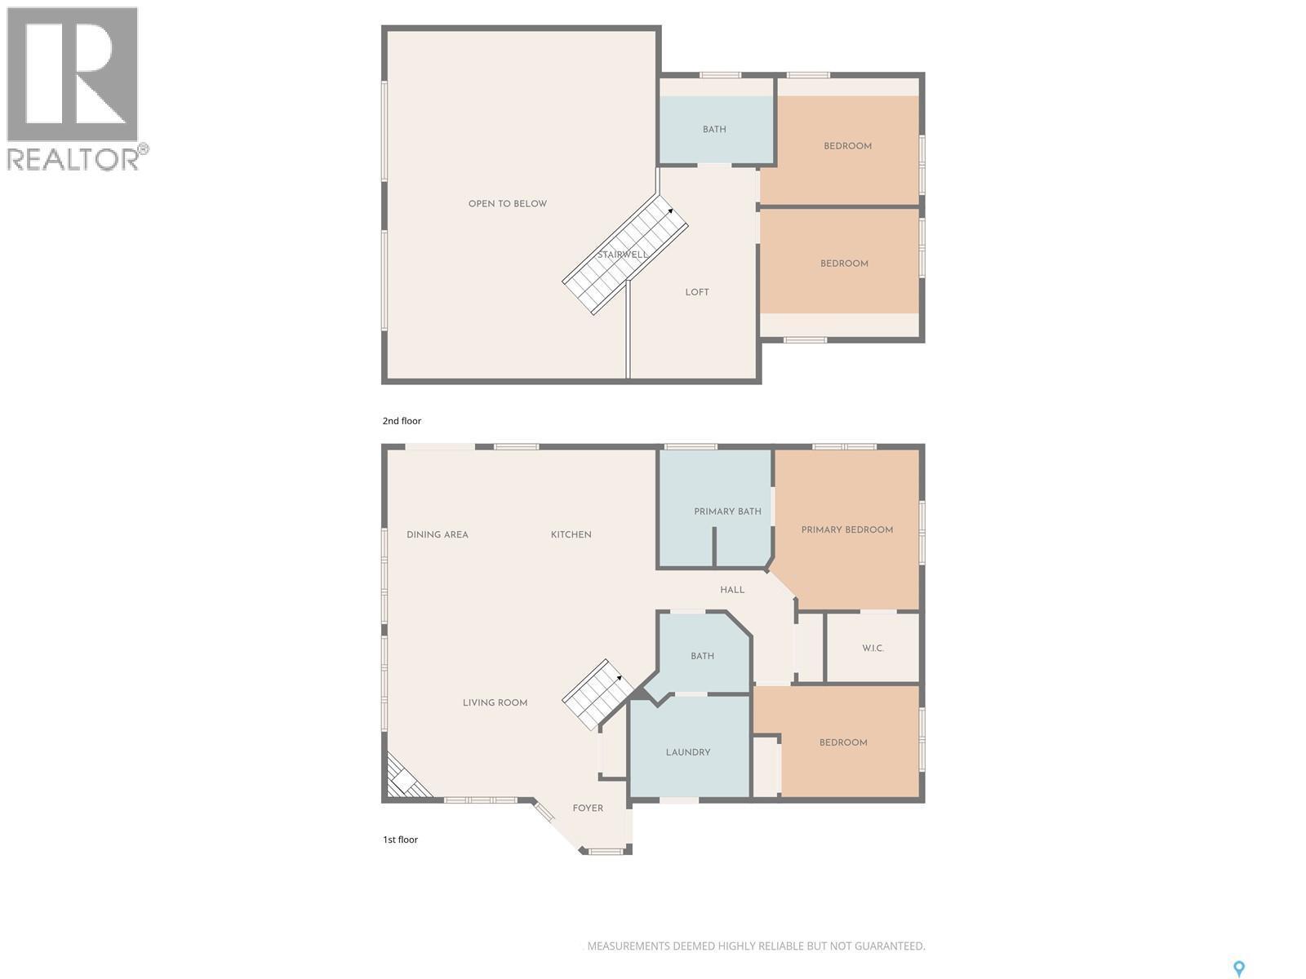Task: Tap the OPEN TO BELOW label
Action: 507,204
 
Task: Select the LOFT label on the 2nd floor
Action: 696,292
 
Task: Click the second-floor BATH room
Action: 714,130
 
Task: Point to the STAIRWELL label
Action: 622,255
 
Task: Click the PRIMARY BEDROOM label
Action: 846,530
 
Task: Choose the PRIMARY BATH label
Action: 727,512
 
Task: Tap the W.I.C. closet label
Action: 873,649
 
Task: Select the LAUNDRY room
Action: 688,752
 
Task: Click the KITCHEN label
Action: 571,535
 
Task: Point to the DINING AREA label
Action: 438,535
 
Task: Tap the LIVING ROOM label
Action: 495,702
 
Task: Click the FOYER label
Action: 588,808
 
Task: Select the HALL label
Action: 732,590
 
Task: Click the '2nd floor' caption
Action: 402,421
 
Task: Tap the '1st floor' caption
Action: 400,839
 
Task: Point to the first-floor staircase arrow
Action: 618,678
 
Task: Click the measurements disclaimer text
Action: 756,946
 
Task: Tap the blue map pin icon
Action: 1238,968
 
